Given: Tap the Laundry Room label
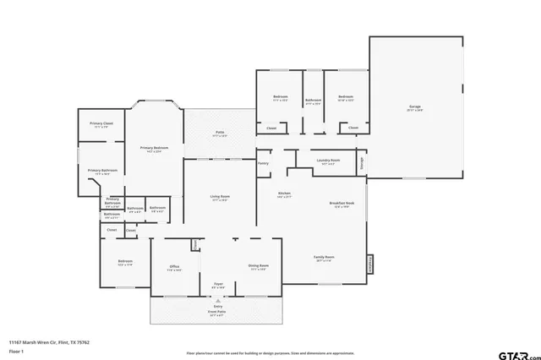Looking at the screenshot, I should (x=329, y=160).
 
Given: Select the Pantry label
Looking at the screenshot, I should (x=264, y=163).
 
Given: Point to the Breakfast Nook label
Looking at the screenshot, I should (x=342, y=203).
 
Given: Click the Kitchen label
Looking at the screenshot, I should (x=285, y=194).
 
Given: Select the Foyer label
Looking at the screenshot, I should (x=217, y=285).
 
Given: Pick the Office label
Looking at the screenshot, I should (x=174, y=266).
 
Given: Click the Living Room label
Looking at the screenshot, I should (x=220, y=198).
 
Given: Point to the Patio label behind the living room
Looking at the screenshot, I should (x=219, y=132).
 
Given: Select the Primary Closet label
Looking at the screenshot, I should (x=102, y=123).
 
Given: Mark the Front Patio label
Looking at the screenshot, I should (x=217, y=310).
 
